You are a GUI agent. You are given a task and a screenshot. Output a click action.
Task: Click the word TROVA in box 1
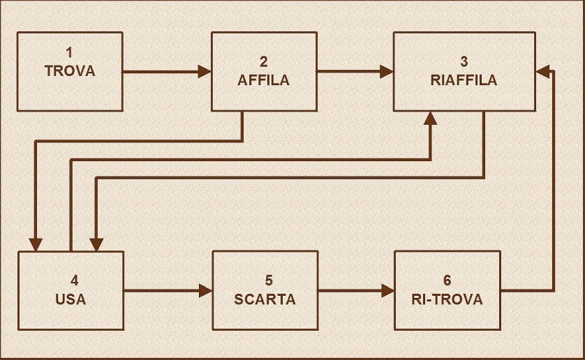coord(69,71)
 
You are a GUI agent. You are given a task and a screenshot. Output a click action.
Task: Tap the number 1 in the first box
coord(69,52)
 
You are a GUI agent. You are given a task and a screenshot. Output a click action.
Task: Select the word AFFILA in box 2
coord(263,80)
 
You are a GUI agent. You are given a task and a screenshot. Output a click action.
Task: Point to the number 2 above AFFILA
coord(263,61)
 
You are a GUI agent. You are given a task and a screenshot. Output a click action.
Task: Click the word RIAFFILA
coord(464,80)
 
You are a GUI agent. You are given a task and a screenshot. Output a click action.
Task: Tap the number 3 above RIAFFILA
coord(464,61)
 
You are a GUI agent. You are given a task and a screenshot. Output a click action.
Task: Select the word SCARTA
coord(265,300)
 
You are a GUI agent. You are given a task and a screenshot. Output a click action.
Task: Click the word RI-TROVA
coord(447,300)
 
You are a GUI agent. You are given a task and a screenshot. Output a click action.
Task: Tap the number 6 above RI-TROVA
coord(447,281)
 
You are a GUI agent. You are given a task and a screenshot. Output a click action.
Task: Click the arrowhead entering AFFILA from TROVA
coord(205,71)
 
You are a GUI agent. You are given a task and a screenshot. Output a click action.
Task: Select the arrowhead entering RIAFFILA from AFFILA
coord(386,70)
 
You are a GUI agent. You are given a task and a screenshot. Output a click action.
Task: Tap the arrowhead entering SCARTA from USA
coord(206,290)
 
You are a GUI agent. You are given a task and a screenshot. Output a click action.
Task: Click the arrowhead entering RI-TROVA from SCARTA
coord(387,290)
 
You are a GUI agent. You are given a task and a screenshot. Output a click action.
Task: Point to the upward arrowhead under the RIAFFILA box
coord(430,118)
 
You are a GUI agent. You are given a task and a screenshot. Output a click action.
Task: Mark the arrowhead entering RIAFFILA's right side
coord(542,70)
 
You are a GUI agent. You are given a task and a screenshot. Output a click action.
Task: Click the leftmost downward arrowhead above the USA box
coord(35,243)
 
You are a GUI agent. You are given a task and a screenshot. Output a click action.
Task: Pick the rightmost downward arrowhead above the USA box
coord(96,243)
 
